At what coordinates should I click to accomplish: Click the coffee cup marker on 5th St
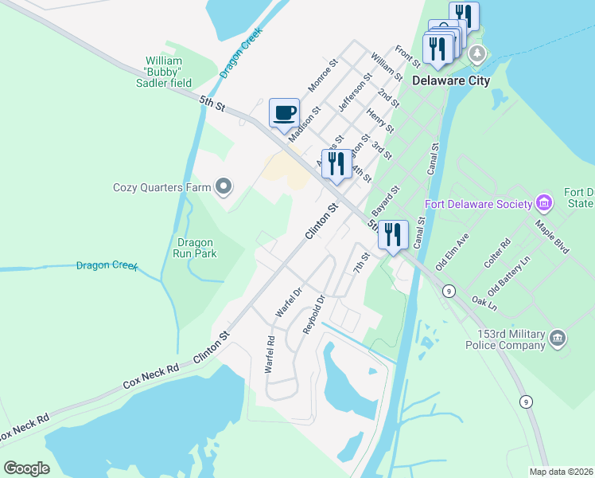(284, 112)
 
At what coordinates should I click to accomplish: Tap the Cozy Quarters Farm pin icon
(224, 188)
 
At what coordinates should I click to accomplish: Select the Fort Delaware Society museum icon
(544, 204)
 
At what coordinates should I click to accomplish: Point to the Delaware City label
(450, 80)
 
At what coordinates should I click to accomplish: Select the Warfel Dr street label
(289, 302)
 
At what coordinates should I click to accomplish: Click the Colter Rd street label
(495, 253)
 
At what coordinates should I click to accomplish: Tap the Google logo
(27, 468)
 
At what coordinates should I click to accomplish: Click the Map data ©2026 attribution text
(561, 472)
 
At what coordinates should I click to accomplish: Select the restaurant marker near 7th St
(393, 235)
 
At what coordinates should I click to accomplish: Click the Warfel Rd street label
(270, 355)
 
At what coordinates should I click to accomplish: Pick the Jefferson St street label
(355, 92)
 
